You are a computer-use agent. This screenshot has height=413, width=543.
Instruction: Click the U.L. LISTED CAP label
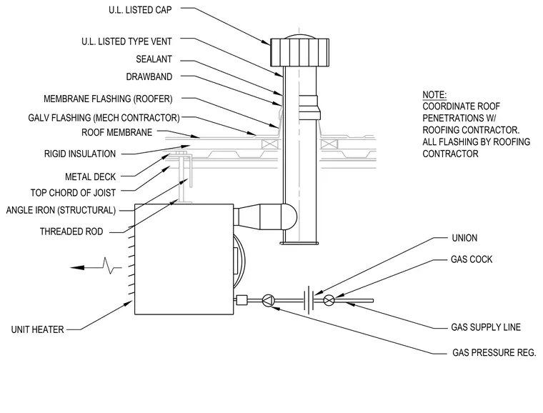[x=140, y=10]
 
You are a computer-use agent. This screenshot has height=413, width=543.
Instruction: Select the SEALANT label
[x=154, y=59]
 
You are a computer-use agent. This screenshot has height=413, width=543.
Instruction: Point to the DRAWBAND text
[x=149, y=76]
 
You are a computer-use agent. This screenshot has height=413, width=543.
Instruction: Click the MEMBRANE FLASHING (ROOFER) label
[x=108, y=99]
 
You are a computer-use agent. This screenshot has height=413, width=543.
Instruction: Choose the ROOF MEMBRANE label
[x=116, y=133]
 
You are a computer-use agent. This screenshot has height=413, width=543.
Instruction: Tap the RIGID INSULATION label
[x=80, y=154]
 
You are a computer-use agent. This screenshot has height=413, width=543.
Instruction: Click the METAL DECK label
[x=91, y=177]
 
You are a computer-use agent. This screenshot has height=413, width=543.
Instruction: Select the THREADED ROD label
[x=71, y=232]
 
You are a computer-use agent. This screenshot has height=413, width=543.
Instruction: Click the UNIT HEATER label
[x=37, y=329]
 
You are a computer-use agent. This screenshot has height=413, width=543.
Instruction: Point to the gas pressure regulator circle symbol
[x=268, y=301]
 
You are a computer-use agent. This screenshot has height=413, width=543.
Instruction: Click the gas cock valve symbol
[x=329, y=300]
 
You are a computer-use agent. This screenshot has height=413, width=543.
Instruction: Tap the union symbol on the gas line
[x=309, y=300]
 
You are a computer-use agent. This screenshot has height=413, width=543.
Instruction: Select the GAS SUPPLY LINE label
[x=486, y=327]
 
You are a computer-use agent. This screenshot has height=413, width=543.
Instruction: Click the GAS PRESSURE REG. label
[x=494, y=352]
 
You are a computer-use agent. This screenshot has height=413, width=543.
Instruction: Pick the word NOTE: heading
[x=434, y=95]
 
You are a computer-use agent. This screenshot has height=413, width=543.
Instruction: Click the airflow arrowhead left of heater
[x=77, y=268]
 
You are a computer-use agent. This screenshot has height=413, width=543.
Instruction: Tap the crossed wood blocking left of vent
[x=270, y=144]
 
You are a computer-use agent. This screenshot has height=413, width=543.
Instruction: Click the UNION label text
[x=464, y=238]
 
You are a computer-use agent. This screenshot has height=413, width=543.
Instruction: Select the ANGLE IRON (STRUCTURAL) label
[x=61, y=210]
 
